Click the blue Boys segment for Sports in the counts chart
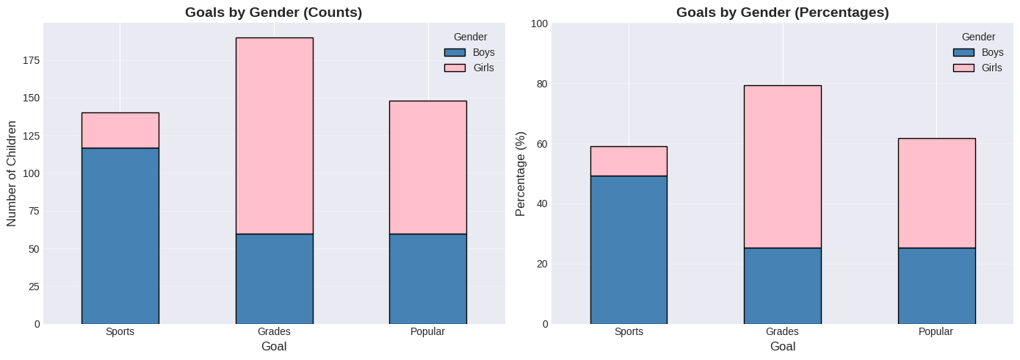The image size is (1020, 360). click(120, 235)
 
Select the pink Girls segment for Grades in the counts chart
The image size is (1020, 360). click(274, 135)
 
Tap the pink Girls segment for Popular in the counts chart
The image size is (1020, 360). click(427, 167)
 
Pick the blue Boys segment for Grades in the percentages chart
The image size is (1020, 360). click(782, 286)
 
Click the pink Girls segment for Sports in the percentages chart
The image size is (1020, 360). click(629, 161)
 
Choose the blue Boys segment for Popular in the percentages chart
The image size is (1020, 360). click(936, 286)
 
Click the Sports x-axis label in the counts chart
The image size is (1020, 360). click(120, 332)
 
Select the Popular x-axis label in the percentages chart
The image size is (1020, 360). click(936, 332)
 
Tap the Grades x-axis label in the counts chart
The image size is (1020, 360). click(274, 332)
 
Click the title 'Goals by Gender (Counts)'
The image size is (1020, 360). click(274, 12)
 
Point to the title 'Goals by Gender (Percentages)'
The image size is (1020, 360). click(782, 12)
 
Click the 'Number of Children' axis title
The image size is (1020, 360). click(12, 173)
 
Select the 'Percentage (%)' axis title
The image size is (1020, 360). click(521, 173)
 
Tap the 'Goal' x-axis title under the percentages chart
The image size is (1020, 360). click(782, 346)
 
